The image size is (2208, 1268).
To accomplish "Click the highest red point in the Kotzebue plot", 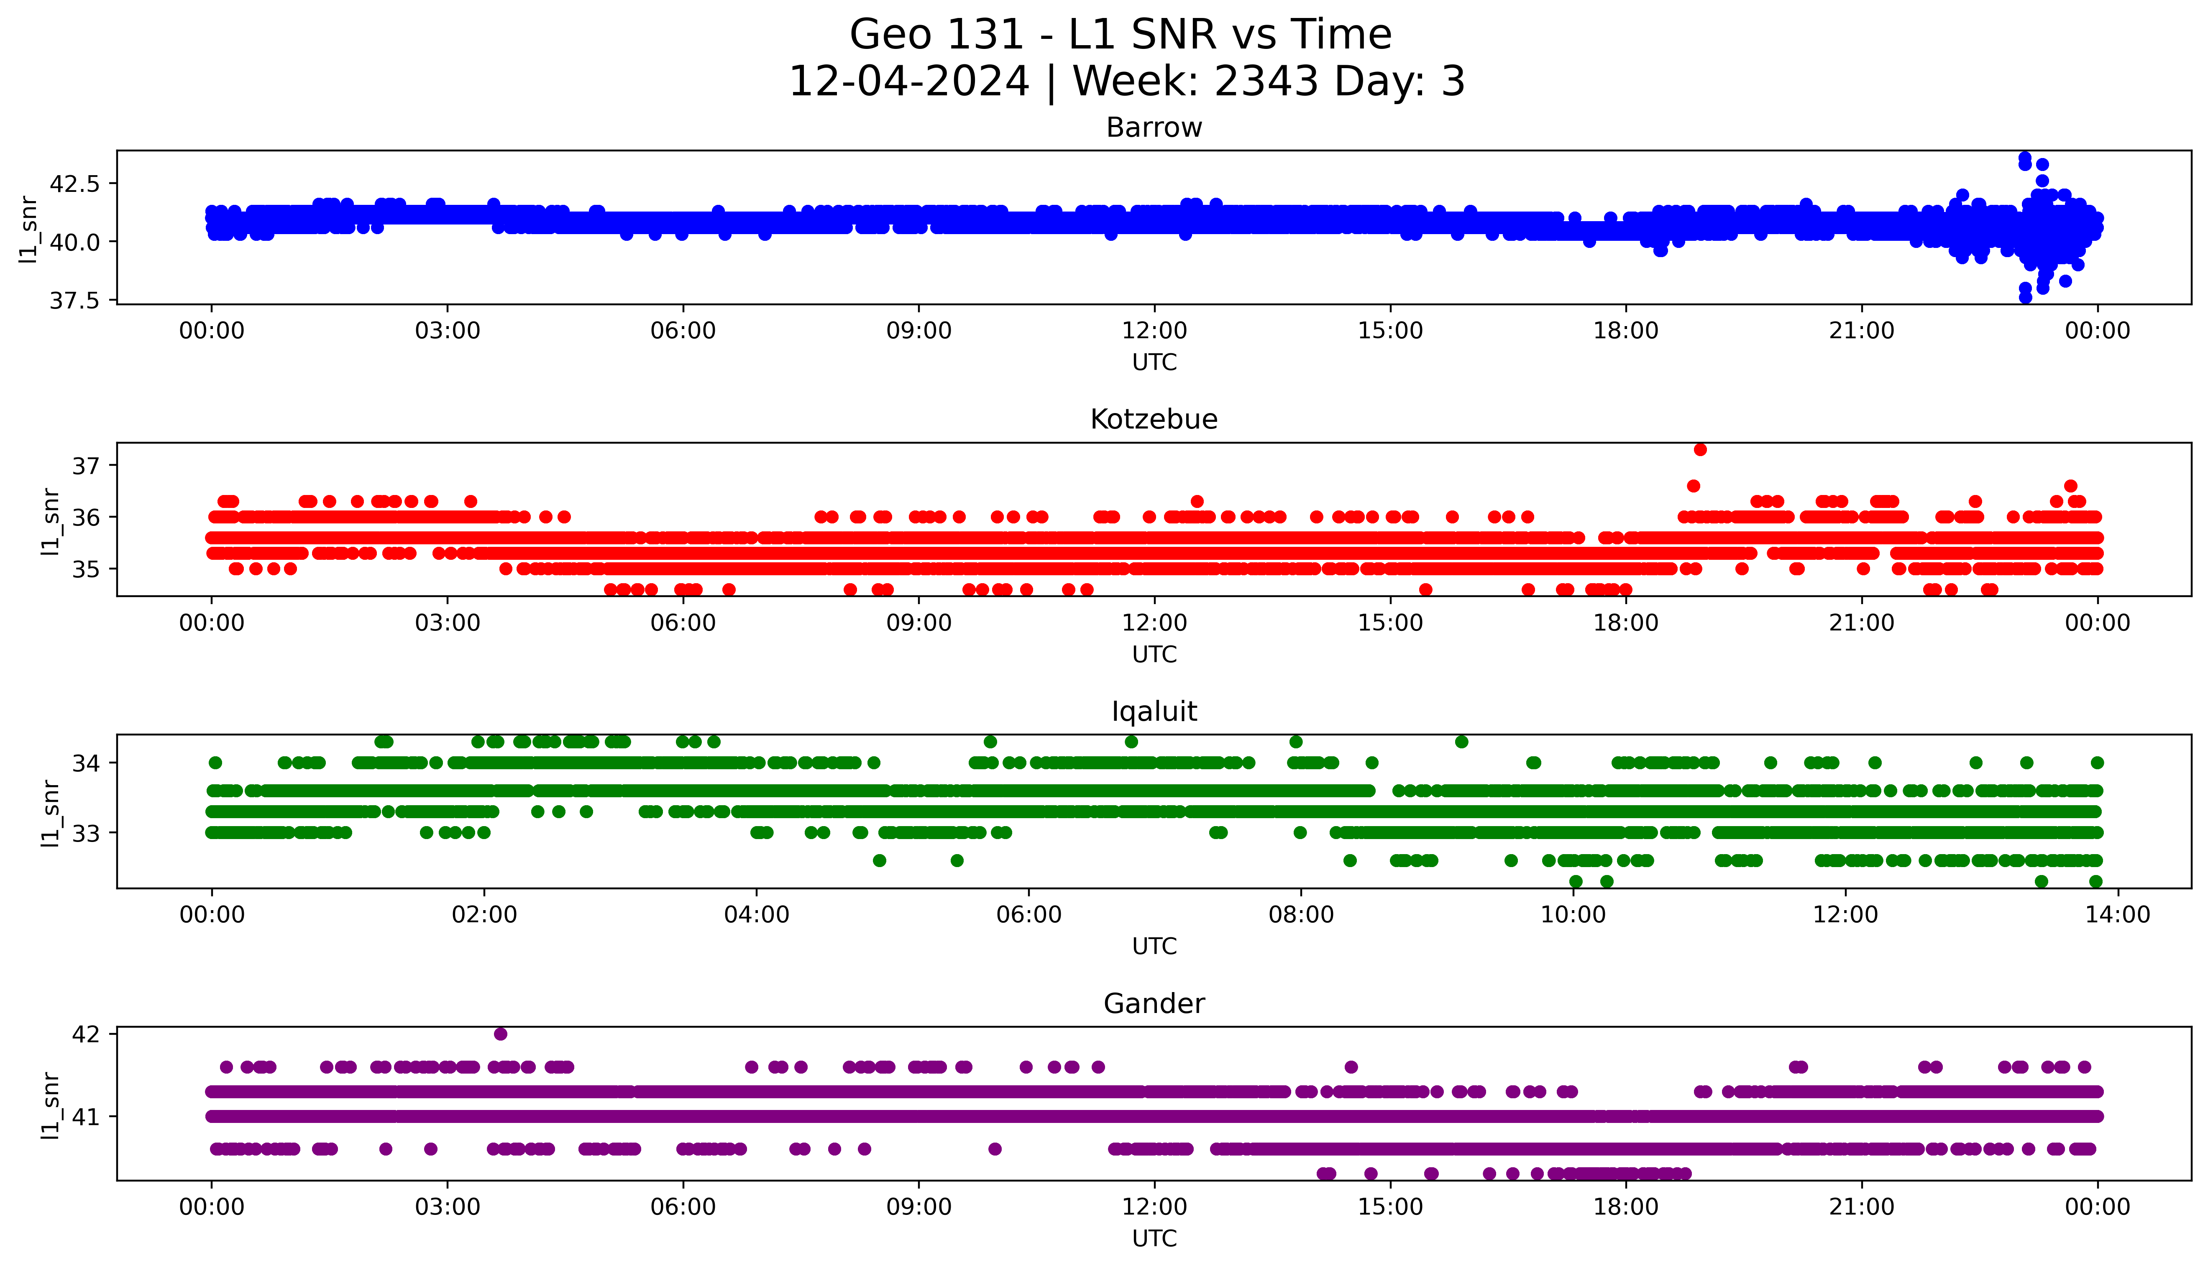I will click(1699, 449).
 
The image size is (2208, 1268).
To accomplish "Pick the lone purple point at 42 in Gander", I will click(500, 1034).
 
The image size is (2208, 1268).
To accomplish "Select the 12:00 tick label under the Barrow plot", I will click(1154, 331).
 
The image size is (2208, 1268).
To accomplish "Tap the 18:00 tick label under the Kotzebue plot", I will click(1625, 623).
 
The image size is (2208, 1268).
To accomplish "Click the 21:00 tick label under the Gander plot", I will click(1861, 1207).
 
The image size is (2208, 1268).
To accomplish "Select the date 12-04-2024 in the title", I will click(908, 82).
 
